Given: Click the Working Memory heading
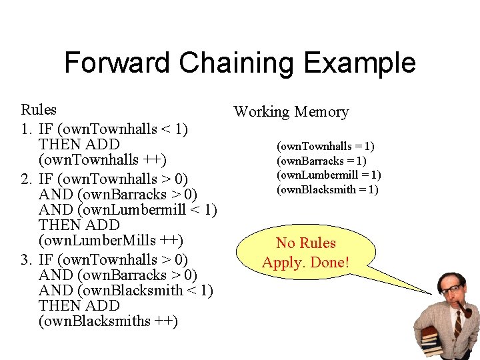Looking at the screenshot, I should [291, 112].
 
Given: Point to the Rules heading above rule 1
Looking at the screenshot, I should [39, 109].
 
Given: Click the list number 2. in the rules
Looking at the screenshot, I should [28, 178].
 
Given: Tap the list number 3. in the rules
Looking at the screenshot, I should [28, 259].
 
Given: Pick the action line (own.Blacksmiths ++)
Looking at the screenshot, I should [108, 321].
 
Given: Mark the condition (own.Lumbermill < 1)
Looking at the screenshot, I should [147, 210].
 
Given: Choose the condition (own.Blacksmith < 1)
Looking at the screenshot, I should [145, 290].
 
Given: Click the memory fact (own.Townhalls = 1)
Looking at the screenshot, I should [325, 146].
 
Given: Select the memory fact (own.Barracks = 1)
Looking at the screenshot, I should [321, 161].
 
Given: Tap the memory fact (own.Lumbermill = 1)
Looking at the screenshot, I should [329, 175].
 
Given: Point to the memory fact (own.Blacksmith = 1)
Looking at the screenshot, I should [327, 189].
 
